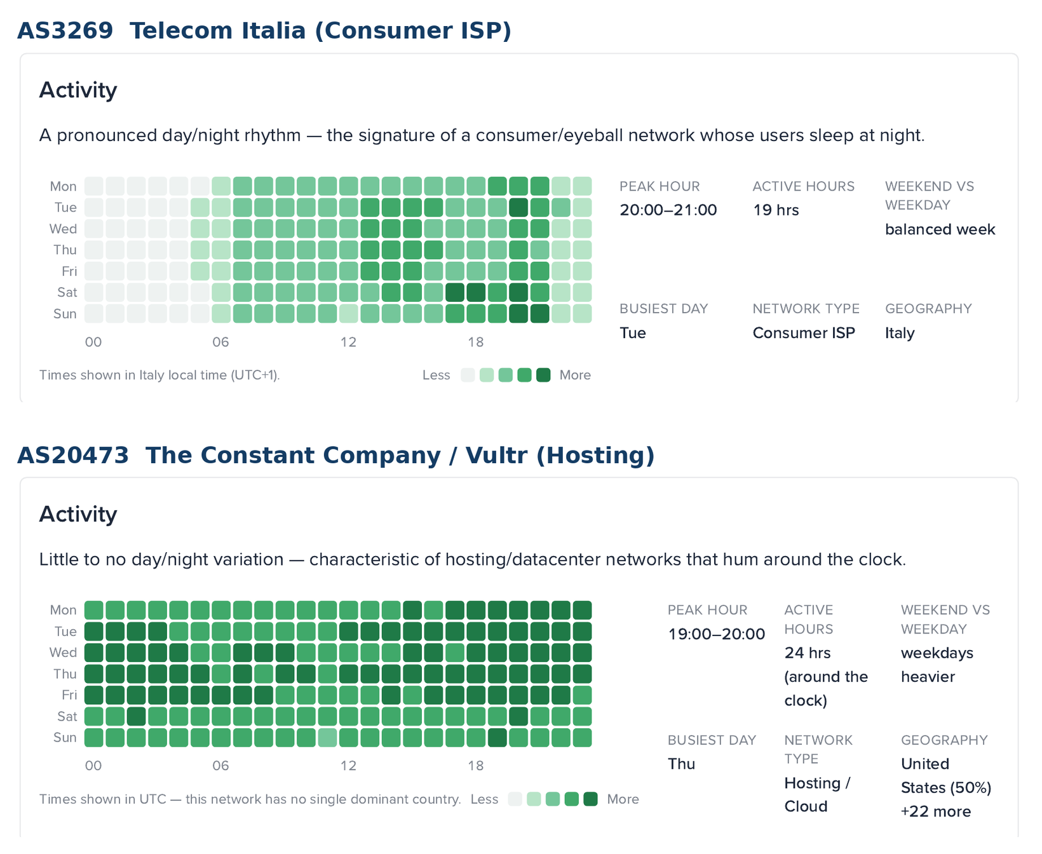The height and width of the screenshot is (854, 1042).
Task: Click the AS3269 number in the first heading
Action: pos(65,30)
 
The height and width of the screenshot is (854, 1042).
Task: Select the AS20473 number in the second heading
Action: pos(73,455)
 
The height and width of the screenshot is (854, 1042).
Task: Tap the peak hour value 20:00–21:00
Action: pos(668,210)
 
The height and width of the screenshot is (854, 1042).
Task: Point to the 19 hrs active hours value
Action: pos(776,210)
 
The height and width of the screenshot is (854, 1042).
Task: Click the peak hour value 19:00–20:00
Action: pos(717,634)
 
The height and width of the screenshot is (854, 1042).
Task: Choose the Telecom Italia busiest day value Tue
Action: pos(633,333)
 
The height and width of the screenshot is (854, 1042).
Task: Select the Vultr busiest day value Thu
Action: pos(682,764)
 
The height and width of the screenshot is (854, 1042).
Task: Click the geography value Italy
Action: pos(900,333)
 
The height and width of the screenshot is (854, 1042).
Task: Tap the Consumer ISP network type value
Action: pos(804,333)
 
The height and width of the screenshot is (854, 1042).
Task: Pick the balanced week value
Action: pos(940,229)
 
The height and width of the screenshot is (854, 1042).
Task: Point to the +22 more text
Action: pos(936,811)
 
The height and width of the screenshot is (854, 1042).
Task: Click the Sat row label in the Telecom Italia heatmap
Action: pos(67,292)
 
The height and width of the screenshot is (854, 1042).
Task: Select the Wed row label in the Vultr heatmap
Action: pos(64,653)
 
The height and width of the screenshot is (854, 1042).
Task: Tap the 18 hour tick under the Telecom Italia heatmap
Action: pos(476,342)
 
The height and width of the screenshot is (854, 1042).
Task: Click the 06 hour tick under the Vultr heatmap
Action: pos(220,766)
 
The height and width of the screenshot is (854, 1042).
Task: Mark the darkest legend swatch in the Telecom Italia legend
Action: pos(543,375)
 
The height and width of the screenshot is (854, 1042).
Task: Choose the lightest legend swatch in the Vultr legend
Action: pos(515,799)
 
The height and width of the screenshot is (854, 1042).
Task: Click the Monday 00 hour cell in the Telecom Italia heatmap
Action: pos(94,186)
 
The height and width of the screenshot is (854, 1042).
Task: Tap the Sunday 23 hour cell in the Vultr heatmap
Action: pos(583,738)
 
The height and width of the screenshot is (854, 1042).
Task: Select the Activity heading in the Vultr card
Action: pos(78,514)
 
